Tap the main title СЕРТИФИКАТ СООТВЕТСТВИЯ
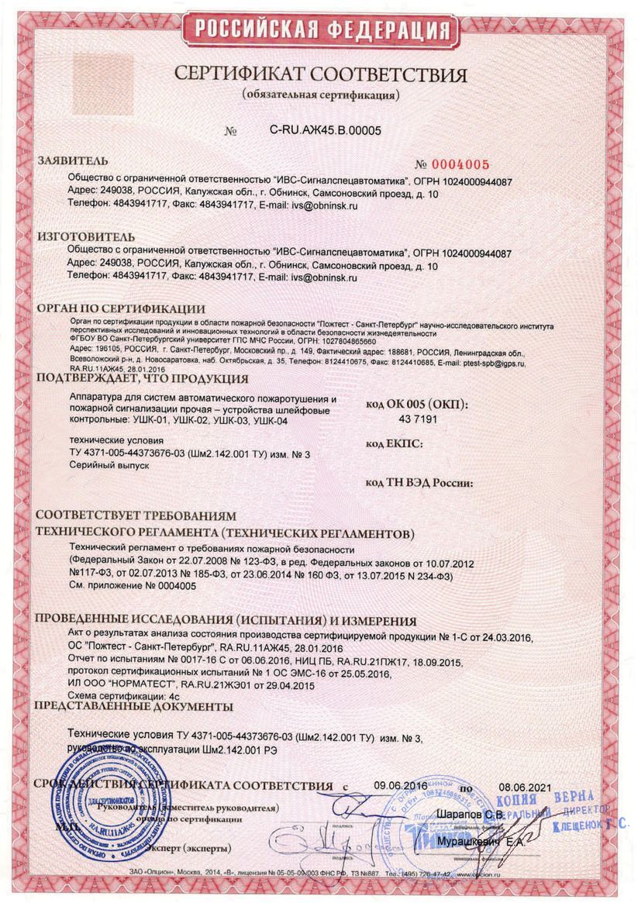(320, 75)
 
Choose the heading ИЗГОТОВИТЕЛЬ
(86, 236)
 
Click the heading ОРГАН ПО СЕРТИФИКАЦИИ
(121, 308)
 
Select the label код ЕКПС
(392, 444)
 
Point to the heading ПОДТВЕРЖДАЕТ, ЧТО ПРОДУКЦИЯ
(143, 379)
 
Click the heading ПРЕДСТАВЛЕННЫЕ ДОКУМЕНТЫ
(134, 707)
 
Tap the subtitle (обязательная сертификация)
(320, 95)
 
